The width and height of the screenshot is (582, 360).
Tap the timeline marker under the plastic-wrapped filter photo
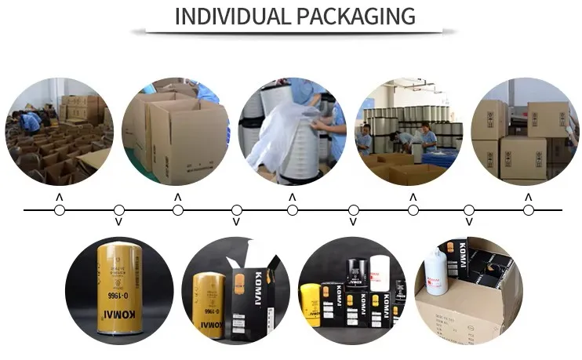(293, 210)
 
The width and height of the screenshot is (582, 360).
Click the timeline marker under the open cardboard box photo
(178, 210)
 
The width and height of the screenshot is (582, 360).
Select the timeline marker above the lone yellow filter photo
(118, 210)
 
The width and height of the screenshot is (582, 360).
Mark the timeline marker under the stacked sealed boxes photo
(528, 210)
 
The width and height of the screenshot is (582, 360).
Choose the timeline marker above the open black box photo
(236, 210)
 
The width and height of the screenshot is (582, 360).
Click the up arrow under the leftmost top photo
(59, 197)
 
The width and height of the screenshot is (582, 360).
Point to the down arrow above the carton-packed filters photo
(469, 223)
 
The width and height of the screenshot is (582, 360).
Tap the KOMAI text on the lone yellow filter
(118, 322)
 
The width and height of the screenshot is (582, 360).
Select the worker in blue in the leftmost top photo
(31, 122)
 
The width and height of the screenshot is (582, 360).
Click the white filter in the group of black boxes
(380, 282)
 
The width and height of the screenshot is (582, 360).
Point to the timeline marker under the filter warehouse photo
(413, 210)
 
